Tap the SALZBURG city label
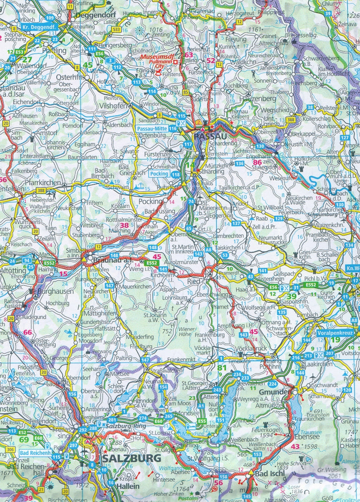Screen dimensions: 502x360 pos(131,458)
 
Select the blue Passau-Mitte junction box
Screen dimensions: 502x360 pos(152,128)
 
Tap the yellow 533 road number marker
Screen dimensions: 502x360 pos(116,29)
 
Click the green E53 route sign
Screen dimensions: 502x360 pos(19,51)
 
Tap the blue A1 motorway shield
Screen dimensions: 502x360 pos(201,406)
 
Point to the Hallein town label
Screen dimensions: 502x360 pos(127,486)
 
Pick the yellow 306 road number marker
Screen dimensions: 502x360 pos(10,449)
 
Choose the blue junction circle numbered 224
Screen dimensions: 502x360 pos(272,383)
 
